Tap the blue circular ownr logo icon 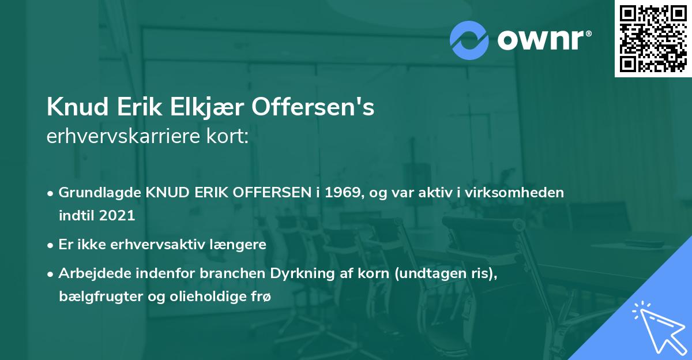469,40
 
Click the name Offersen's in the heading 314,108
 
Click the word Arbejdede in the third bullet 91,273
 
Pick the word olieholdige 200,296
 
